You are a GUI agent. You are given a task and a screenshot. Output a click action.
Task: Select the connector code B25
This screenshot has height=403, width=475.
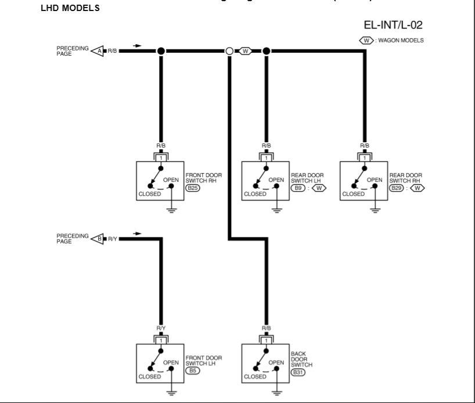[192, 188]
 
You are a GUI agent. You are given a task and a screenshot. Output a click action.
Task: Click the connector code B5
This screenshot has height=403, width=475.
[192, 369]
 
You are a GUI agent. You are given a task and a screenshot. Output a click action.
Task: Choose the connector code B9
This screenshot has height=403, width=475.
[297, 188]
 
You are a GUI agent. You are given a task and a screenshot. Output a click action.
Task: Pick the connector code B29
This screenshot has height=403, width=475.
[396, 188]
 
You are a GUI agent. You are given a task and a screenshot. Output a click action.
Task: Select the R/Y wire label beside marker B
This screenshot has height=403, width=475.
[111, 238]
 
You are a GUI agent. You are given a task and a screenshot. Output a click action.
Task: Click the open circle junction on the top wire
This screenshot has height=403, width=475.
[230, 51]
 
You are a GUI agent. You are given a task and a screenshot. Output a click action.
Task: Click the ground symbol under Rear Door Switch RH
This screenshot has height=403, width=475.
[376, 210]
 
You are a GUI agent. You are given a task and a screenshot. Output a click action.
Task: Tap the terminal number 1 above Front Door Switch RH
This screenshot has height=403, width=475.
[161, 157]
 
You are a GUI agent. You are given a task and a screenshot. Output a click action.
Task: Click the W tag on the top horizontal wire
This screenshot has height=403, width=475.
[246, 51]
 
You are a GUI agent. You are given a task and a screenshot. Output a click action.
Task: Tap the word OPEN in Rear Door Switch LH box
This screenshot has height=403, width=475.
[276, 179]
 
